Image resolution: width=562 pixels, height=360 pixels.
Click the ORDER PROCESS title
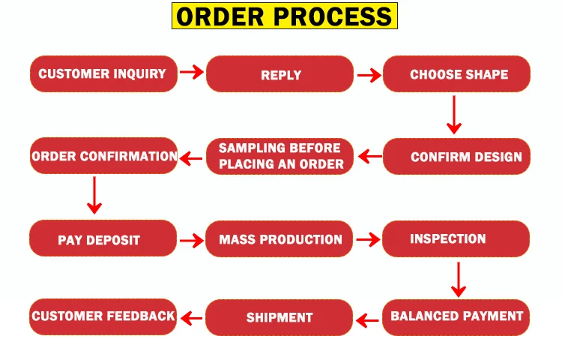(x=285, y=16)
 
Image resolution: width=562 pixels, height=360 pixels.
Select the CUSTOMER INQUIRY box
(x=103, y=74)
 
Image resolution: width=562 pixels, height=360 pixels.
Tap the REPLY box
(x=280, y=74)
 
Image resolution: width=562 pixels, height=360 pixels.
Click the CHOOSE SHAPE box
(x=456, y=74)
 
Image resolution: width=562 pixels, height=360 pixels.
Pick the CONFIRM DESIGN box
(x=456, y=157)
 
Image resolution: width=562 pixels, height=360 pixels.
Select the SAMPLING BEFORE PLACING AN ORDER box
(x=280, y=156)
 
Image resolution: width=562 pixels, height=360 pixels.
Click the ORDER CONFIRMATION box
(x=103, y=156)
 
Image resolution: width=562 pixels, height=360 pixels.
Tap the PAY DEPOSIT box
(x=103, y=239)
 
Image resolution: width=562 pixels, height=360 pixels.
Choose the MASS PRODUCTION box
(x=280, y=239)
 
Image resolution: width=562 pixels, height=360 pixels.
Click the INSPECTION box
(x=456, y=239)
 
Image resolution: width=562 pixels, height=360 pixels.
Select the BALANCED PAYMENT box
(x=456, y=316)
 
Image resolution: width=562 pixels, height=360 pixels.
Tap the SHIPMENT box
(x=280, y=317)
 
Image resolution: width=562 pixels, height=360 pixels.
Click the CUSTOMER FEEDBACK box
(x=103, y=316)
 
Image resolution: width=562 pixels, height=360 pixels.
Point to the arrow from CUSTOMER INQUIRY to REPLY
(x=192, y=72)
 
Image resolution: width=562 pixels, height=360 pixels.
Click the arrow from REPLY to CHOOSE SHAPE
(x=369, y=75)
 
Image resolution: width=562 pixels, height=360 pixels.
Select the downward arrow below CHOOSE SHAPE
(x=452, y=115)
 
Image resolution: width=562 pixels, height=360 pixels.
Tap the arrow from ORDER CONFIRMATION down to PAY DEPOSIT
(x=94, y=195)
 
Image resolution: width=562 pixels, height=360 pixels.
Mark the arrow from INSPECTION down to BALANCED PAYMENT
(x=459, y=279)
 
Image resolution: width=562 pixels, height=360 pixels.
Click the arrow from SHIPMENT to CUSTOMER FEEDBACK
(x=192, y=319)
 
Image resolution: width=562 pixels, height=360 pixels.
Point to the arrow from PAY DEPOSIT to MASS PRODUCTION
(x=192, y=241)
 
